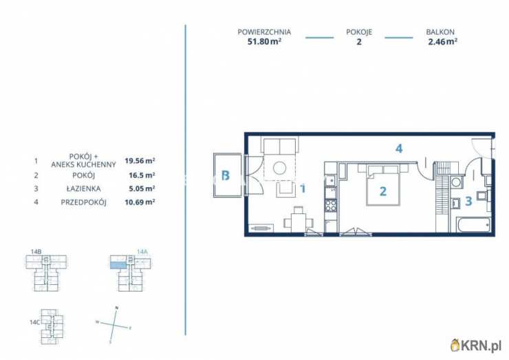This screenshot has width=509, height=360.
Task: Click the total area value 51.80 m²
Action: tap(264, 41)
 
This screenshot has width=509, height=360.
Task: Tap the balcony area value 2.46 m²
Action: tap(443, 41)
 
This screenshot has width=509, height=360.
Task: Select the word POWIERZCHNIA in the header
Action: tap(264, 32)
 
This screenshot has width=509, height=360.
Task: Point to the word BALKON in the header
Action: tap(440, 32)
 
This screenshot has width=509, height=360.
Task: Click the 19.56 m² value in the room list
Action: tap(140, 160)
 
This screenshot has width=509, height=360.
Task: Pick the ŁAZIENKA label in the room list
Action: tap(83, 189)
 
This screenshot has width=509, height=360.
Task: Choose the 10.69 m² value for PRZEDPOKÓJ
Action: tap(140, 202)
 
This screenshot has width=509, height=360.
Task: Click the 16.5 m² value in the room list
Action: tap(142, 175)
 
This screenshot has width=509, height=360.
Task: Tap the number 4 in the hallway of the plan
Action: tap(399, 149)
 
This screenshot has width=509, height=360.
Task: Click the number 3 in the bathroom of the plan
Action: tap(468, 201)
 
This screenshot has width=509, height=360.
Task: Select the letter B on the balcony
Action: tap(226, 176)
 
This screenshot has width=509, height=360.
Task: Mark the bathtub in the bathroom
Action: tap(470, 225)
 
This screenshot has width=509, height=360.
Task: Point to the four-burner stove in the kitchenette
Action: tap(331, 205)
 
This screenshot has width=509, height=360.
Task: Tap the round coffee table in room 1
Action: tap(279, 168)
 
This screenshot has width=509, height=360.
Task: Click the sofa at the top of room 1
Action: tap(279, 145)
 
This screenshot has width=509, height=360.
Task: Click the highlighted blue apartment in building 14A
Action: tap(118, 266)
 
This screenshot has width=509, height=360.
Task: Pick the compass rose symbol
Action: tap(114, 325)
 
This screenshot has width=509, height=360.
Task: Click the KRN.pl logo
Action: tap(476, 345)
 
